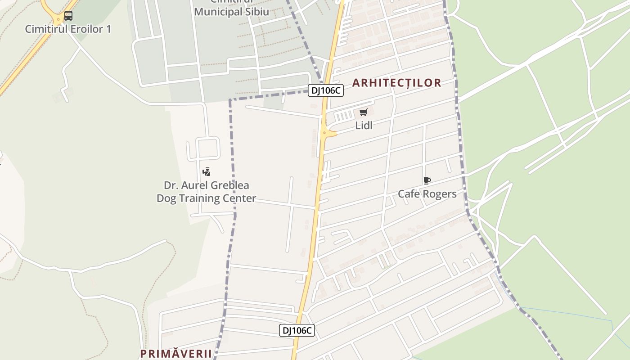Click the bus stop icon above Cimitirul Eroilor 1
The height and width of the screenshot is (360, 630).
[x=68, y=16]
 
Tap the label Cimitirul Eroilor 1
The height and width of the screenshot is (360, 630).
[x=68, y=29]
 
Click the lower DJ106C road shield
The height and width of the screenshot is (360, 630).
[x=297, y=330]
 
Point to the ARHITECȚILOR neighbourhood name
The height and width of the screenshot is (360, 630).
[x=396, y=83]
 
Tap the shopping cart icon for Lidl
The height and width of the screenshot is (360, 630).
[x=364, y=112]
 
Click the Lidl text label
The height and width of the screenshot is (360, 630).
[x=364, y=126]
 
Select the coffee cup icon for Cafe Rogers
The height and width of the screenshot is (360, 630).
[x=427, y=181]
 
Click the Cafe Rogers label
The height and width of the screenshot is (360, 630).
[x=427, y=194]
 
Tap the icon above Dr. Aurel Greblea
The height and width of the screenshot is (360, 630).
[x=206, y=171]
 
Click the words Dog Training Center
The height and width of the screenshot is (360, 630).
[x=206, y=198]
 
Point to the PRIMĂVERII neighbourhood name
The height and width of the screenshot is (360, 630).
[x=176, y=354]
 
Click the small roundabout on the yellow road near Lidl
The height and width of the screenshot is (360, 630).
[x=324, y=132]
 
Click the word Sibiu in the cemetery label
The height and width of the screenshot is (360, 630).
[x=256, y=12]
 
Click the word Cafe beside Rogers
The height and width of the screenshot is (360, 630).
[x=408, y=194]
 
